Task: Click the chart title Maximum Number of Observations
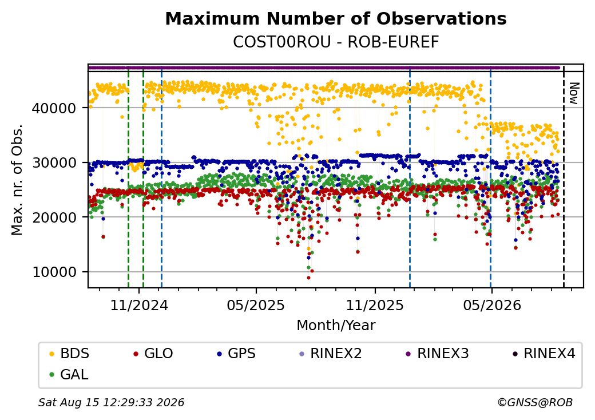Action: [336, 18]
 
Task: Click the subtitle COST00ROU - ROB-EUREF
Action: [336, 42]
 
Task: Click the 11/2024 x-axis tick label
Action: [139, 305]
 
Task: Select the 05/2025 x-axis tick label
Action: [256, 305]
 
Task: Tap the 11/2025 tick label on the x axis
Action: [375, 305]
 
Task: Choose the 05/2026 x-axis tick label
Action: [492, 305]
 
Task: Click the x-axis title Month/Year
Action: [336, 326]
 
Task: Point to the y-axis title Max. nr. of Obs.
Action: [17, 180]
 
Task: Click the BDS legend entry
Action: [69, 354]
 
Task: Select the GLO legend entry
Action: [153, 354]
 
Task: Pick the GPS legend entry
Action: [236, 354]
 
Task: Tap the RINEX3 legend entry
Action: [437, 354]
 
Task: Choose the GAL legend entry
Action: [69, 374]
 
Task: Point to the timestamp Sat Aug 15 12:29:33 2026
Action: [112, 402]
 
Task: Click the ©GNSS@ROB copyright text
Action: [535, 402]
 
